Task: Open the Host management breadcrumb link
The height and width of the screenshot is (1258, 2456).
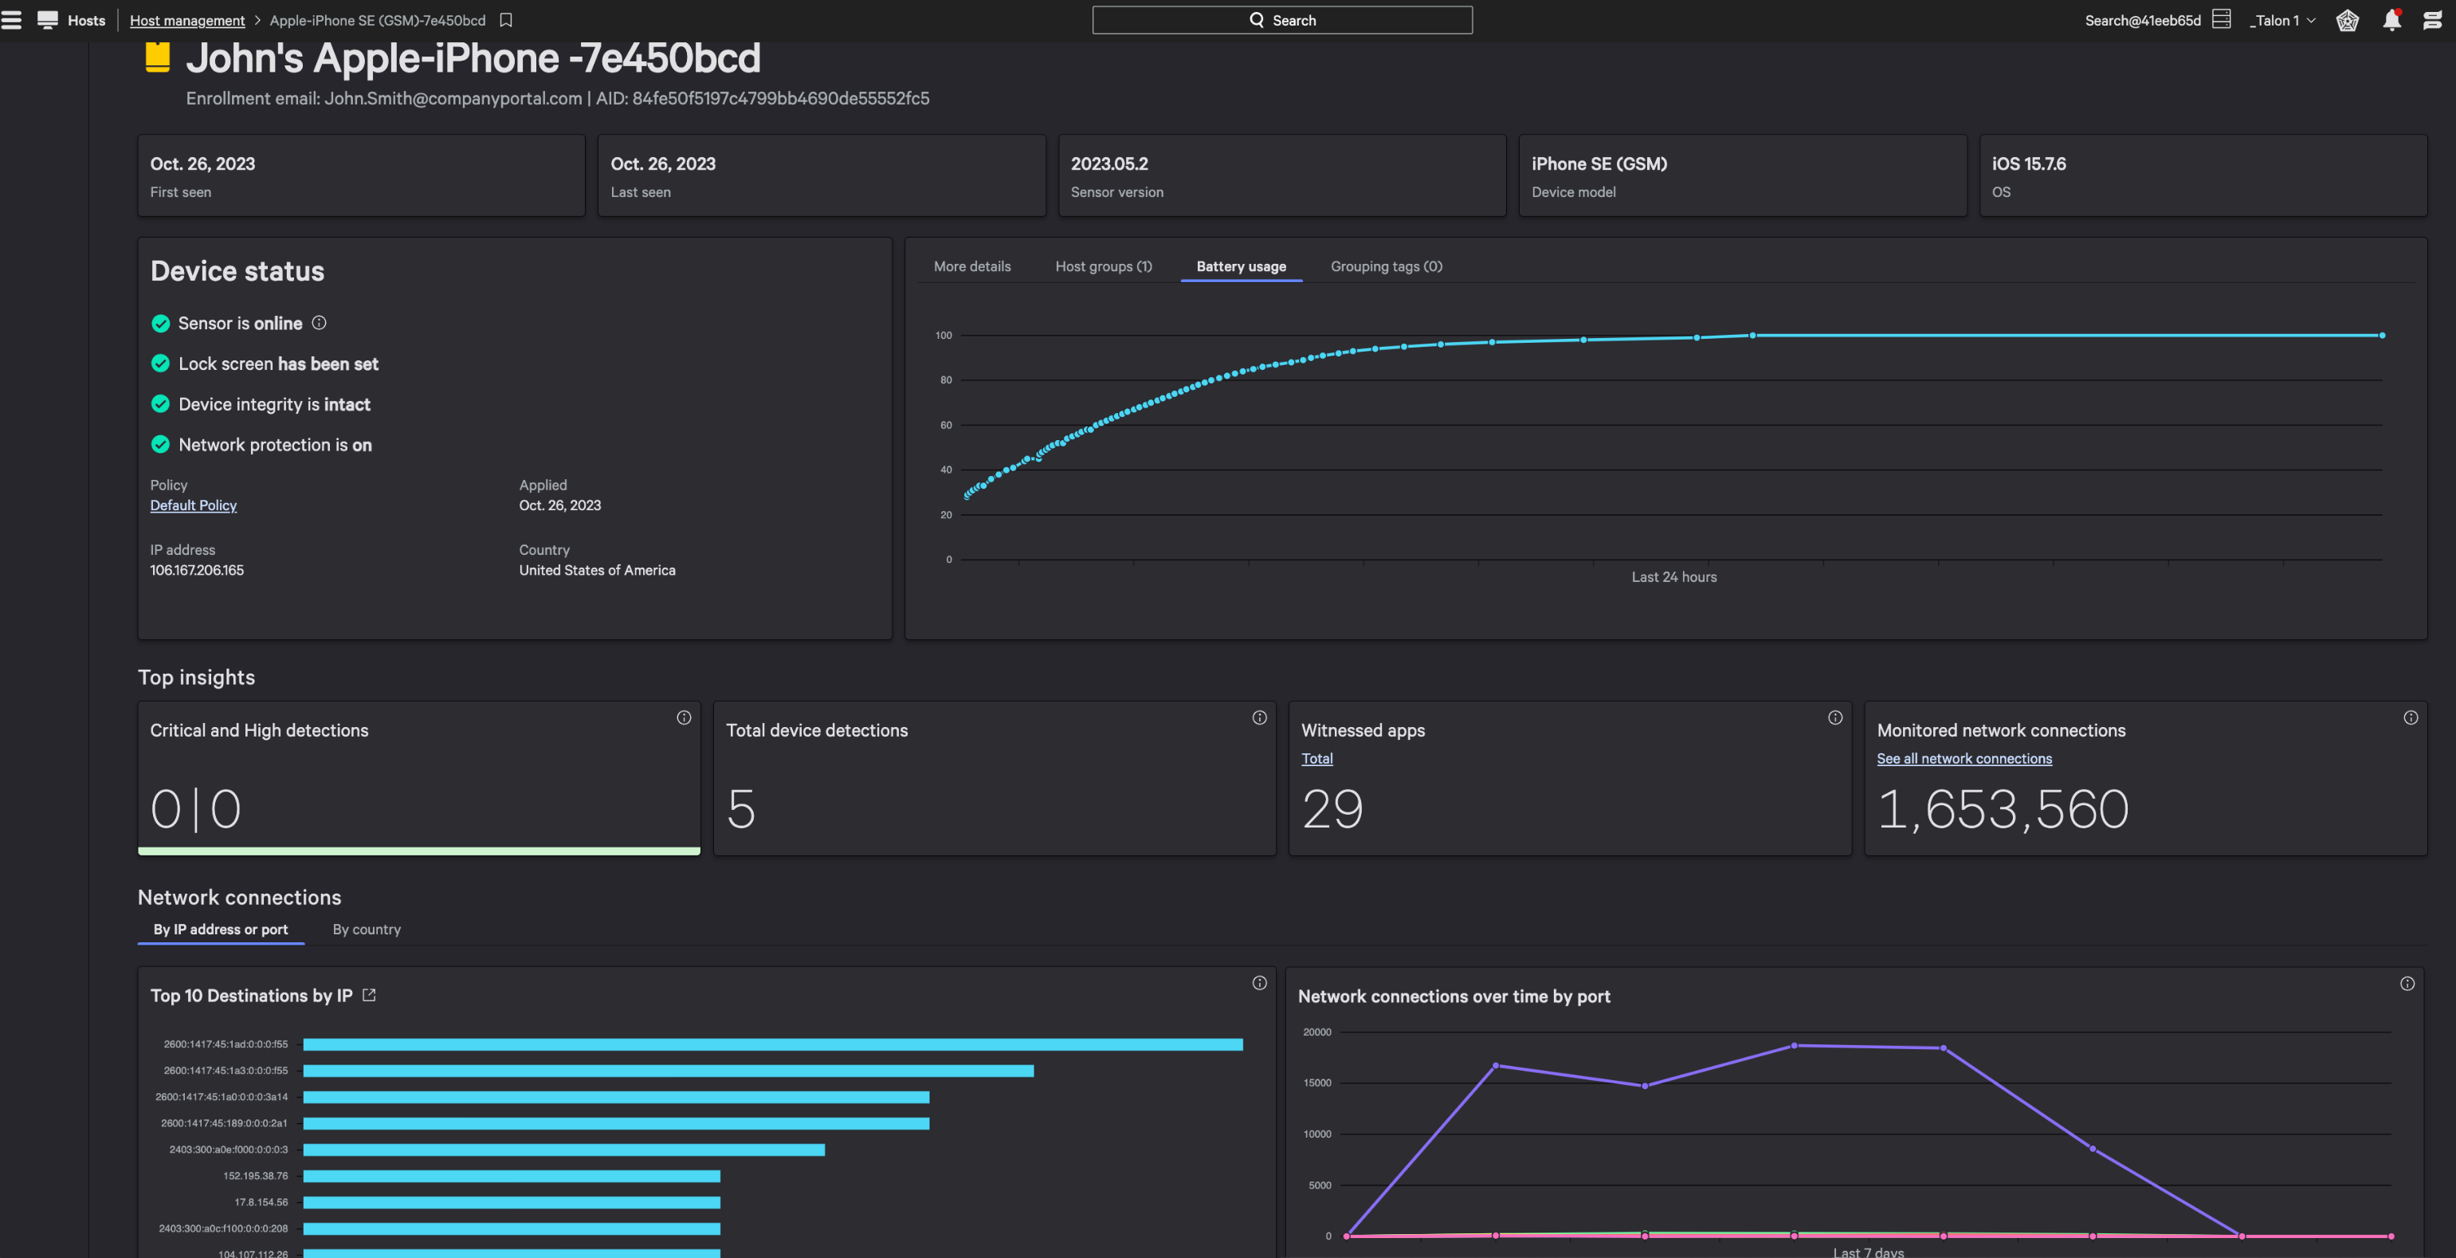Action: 186,20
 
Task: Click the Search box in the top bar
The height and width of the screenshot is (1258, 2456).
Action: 1281,20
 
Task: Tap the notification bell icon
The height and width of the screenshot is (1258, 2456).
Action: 2391,20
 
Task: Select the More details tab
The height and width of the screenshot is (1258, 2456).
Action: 971,266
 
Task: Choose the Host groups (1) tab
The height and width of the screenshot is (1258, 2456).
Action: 1103,266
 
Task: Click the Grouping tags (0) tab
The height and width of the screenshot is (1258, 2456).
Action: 1385,266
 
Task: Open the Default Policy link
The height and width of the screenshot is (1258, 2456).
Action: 194,505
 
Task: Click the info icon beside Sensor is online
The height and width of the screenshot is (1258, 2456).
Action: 320,324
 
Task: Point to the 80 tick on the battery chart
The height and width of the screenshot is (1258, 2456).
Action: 946,379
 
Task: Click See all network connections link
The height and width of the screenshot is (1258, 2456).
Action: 1964,758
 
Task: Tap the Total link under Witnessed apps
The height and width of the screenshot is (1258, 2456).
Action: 1316,758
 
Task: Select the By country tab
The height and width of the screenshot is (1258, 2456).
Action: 366,929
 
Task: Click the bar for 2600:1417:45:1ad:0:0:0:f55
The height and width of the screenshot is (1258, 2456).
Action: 772,1044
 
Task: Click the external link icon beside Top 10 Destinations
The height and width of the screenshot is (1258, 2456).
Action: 369,995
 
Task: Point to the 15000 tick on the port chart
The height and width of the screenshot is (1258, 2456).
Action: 1316,1083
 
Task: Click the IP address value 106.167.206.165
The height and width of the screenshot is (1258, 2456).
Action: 196,570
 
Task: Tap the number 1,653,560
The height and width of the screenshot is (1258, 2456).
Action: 2002,809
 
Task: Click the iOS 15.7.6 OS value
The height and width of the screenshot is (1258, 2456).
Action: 2028,164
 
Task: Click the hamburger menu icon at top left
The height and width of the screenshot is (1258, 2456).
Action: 11,20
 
